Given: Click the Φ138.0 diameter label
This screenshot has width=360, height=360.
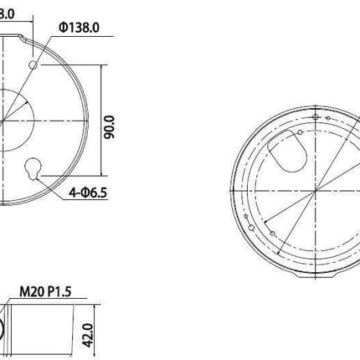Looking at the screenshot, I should pos(80,27).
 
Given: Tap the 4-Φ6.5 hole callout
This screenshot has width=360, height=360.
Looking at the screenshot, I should pos(88,192).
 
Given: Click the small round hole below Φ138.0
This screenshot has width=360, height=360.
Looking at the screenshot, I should pos(33,64).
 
